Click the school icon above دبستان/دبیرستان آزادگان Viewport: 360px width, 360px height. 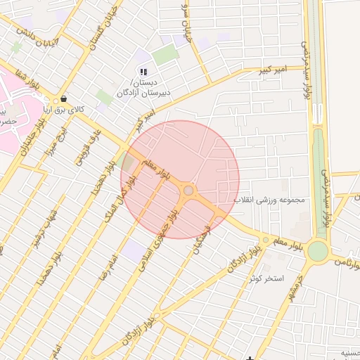pos(143,72)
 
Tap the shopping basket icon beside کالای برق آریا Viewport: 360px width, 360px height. pos(65,99)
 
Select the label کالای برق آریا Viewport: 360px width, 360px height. pos(65,110)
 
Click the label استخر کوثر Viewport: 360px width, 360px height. pos(266,278)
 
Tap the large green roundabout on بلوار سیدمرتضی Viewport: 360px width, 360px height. pos(318,251)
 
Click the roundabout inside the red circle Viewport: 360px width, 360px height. pos(188,190)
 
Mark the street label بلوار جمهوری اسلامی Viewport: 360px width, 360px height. pos(164,239)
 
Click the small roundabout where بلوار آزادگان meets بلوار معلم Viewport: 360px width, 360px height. pos(266,240)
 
